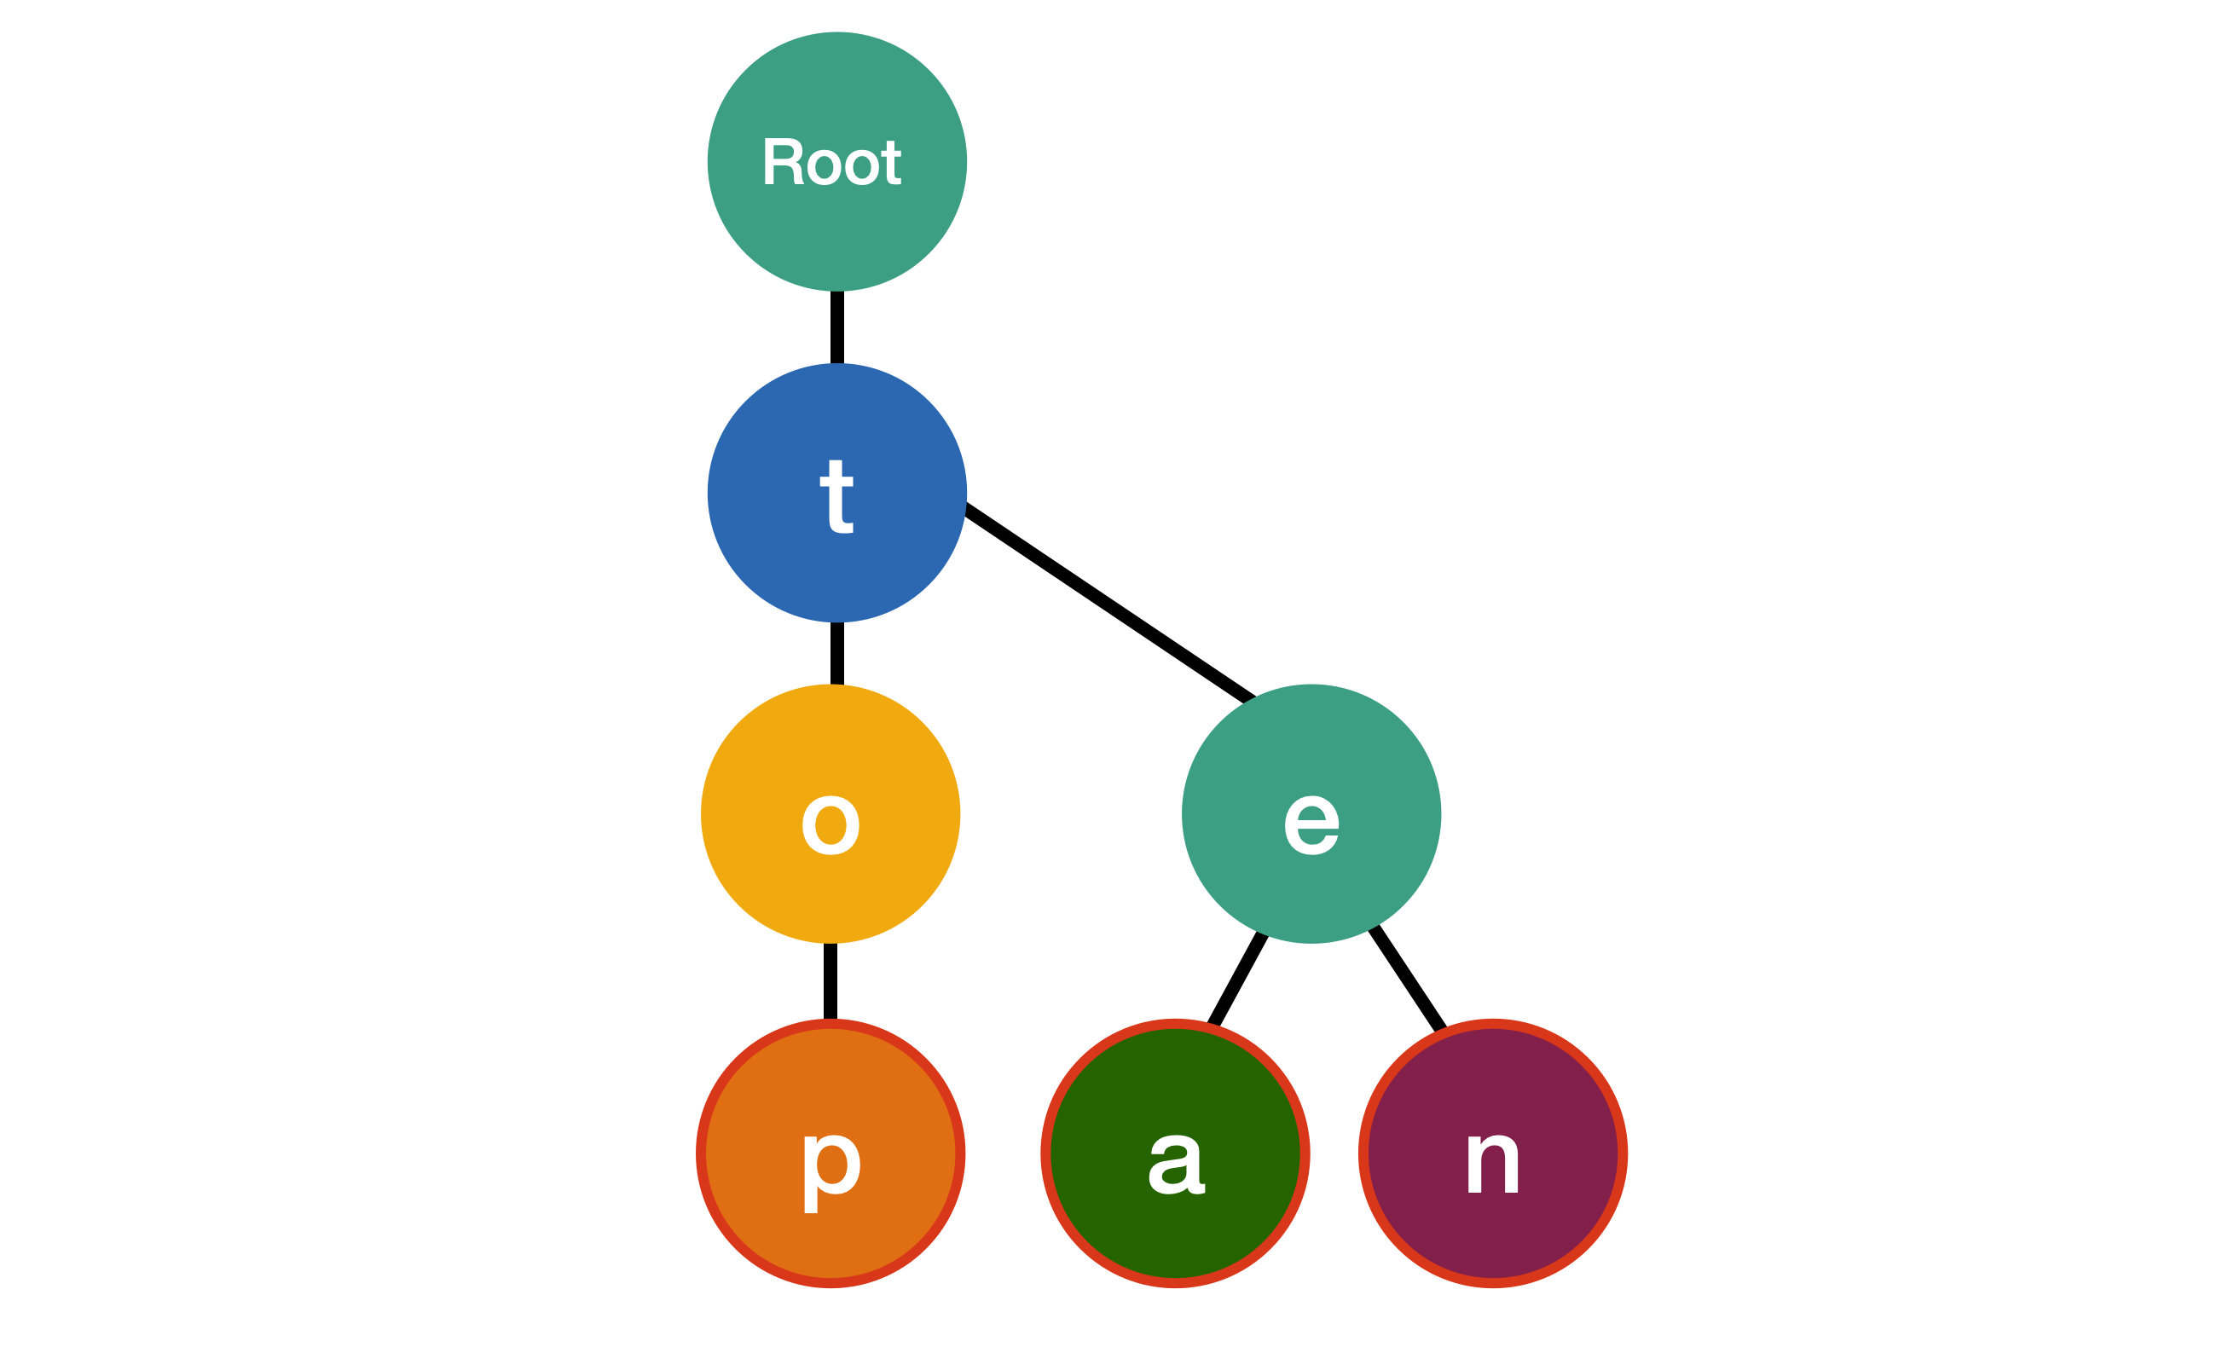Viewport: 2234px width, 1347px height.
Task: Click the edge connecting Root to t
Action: click(836, 327)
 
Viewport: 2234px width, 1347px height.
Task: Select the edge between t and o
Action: click(836, 653)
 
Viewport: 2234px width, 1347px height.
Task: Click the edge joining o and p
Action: click(831, 980)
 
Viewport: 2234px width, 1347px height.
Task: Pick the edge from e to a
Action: click(1237, 979)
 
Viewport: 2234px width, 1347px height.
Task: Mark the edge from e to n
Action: click(1407, 979)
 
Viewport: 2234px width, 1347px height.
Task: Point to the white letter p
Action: click(831, 1171)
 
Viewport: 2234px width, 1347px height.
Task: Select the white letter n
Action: click(1493, 1165)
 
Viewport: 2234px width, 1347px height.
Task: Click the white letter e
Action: click(1311, 825)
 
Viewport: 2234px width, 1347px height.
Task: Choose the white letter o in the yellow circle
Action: click(831, 825)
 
